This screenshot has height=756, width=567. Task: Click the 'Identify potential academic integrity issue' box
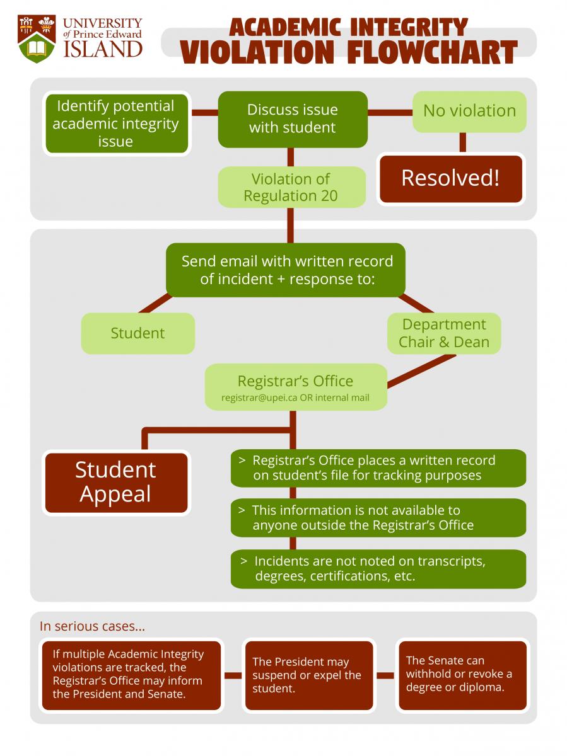[116, 123]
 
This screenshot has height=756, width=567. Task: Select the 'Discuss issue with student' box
[293, 118]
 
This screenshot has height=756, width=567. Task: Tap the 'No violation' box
[469, 112]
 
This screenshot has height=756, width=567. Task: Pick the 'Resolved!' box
[450, 179]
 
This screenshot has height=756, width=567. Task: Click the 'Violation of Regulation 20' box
[291, 187]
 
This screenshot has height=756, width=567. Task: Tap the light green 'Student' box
[137, 333]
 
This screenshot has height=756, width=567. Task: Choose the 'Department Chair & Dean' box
[444, 333]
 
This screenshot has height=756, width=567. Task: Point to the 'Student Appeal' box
[116, 483]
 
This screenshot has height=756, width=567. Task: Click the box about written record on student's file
[377, 468]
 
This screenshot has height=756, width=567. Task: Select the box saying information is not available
[377, 518]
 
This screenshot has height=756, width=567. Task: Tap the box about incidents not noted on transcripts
[377, 569]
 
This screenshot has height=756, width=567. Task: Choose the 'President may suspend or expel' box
[309, 675]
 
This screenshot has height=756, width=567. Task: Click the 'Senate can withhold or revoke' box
[462, 675]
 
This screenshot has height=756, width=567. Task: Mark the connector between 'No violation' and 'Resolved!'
[463, 142]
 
